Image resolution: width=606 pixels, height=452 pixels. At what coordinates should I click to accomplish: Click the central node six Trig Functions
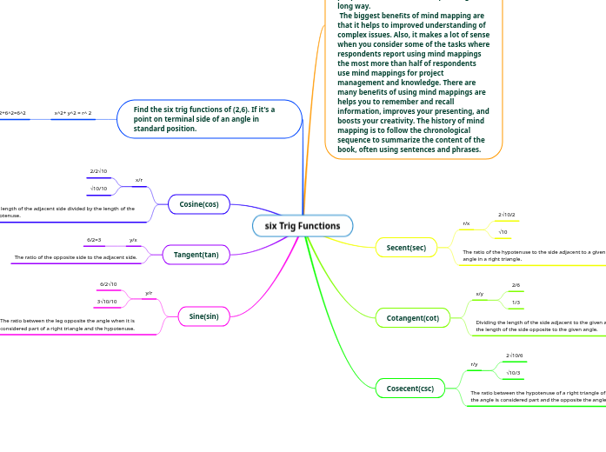click(303, 226)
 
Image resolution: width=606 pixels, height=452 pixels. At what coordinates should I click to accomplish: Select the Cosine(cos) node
click(198, 204)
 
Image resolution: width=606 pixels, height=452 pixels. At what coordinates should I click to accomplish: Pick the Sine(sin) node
click(203, 316)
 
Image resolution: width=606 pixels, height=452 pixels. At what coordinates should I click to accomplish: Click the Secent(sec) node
click(406, 248)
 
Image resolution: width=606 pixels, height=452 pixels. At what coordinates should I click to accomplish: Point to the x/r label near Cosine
click(139, 180)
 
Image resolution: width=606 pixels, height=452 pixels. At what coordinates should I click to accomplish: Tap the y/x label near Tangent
click(133, 239)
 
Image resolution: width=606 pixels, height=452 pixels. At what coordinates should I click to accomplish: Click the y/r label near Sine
click(149, 293)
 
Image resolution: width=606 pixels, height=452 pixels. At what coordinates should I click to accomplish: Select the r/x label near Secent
click(466, 223)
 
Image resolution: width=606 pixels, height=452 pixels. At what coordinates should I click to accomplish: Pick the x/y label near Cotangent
click(480, 294)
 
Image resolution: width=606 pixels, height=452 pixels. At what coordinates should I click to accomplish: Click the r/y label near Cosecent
click(474, 364)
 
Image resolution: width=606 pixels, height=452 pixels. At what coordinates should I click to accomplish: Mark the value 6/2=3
click(94, 239)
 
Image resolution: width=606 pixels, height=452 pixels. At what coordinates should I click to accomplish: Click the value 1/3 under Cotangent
click(516, 302)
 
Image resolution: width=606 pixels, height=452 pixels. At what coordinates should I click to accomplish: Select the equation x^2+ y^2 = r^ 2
click(73, 113)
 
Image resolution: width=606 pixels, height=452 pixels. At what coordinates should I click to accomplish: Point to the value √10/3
click(513, 372)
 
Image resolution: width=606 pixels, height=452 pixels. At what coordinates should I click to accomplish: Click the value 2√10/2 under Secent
click(506, 214)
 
